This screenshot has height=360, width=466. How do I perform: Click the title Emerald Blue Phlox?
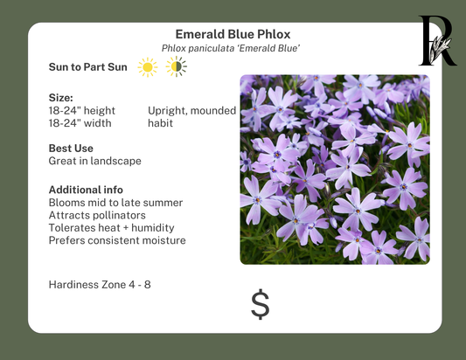233,35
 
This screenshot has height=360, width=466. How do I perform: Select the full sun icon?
147,67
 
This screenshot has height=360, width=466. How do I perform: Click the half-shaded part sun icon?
176,67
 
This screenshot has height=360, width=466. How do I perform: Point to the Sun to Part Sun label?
88,67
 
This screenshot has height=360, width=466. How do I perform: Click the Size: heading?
61,98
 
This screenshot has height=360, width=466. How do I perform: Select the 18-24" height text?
82,111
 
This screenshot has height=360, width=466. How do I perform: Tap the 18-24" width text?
80,123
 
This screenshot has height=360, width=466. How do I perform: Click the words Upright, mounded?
191,111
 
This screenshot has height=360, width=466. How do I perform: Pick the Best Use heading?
71,149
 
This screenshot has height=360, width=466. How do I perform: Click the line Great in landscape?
94,161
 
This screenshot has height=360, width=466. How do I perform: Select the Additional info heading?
86,190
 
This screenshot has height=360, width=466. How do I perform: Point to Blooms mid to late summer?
115,202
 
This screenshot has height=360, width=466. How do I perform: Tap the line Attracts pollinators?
97,215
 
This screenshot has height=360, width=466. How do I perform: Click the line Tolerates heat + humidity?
110,227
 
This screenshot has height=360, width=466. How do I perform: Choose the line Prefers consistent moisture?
117,240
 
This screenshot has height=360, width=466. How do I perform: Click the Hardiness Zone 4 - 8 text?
100,285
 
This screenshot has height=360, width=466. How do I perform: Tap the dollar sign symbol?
260,304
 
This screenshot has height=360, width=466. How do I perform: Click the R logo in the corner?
436,41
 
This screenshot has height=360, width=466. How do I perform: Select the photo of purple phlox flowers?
335,170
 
